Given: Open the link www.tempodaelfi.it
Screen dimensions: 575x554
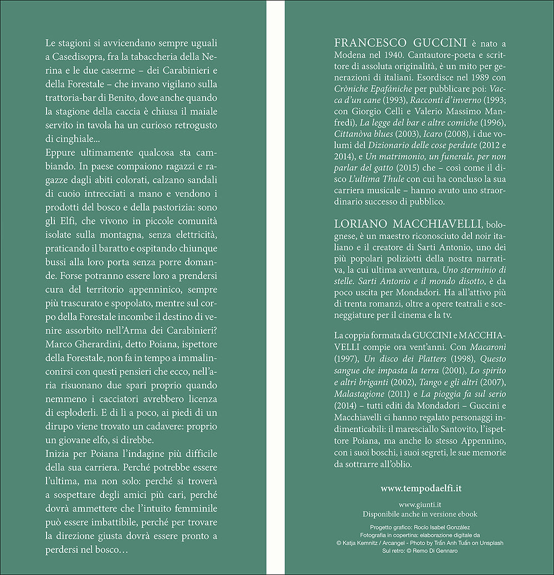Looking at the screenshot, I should point(421,488).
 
